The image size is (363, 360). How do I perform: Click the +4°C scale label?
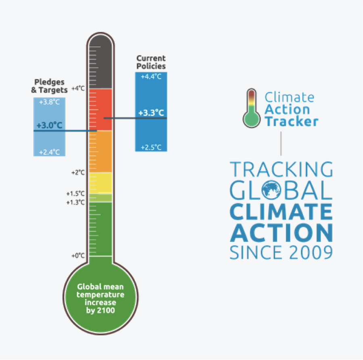click(78, 88)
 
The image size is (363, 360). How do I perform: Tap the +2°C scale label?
click(78, 173)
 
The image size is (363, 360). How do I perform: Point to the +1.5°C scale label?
click(75, 194)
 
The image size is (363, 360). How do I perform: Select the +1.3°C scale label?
click(75, 203)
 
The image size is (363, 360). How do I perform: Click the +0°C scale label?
click(78, 256)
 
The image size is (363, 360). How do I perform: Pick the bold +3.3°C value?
click(151, 113)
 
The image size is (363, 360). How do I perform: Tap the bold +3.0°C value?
click(49, 126)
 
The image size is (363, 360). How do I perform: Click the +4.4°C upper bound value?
click(151, 77)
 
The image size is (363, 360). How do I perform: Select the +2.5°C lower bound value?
click(151, 147)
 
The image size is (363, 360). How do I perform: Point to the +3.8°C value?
click(49, 102)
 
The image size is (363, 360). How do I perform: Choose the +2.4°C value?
click(49, 152)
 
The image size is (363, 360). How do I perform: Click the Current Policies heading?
click(151, 62)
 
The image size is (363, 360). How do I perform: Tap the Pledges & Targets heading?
click(49, 86)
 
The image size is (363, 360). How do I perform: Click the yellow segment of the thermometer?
click(100, 183)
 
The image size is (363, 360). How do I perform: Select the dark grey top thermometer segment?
click(100, 62)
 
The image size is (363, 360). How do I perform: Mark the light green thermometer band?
click(100, 198)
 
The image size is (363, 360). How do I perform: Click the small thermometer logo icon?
click(252, 108)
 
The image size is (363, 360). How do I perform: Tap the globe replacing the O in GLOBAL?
click(271, 190)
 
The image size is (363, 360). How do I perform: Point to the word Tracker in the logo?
click(292, 121)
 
